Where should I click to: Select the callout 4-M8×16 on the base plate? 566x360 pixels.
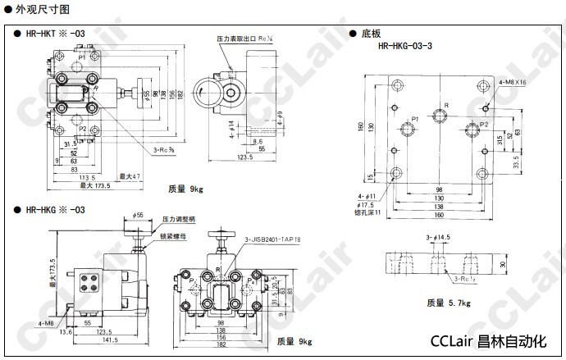512,83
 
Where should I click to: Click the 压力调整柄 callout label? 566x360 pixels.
179,219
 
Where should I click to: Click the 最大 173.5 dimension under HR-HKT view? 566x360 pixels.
96,185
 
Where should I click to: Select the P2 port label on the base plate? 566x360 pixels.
484,124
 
